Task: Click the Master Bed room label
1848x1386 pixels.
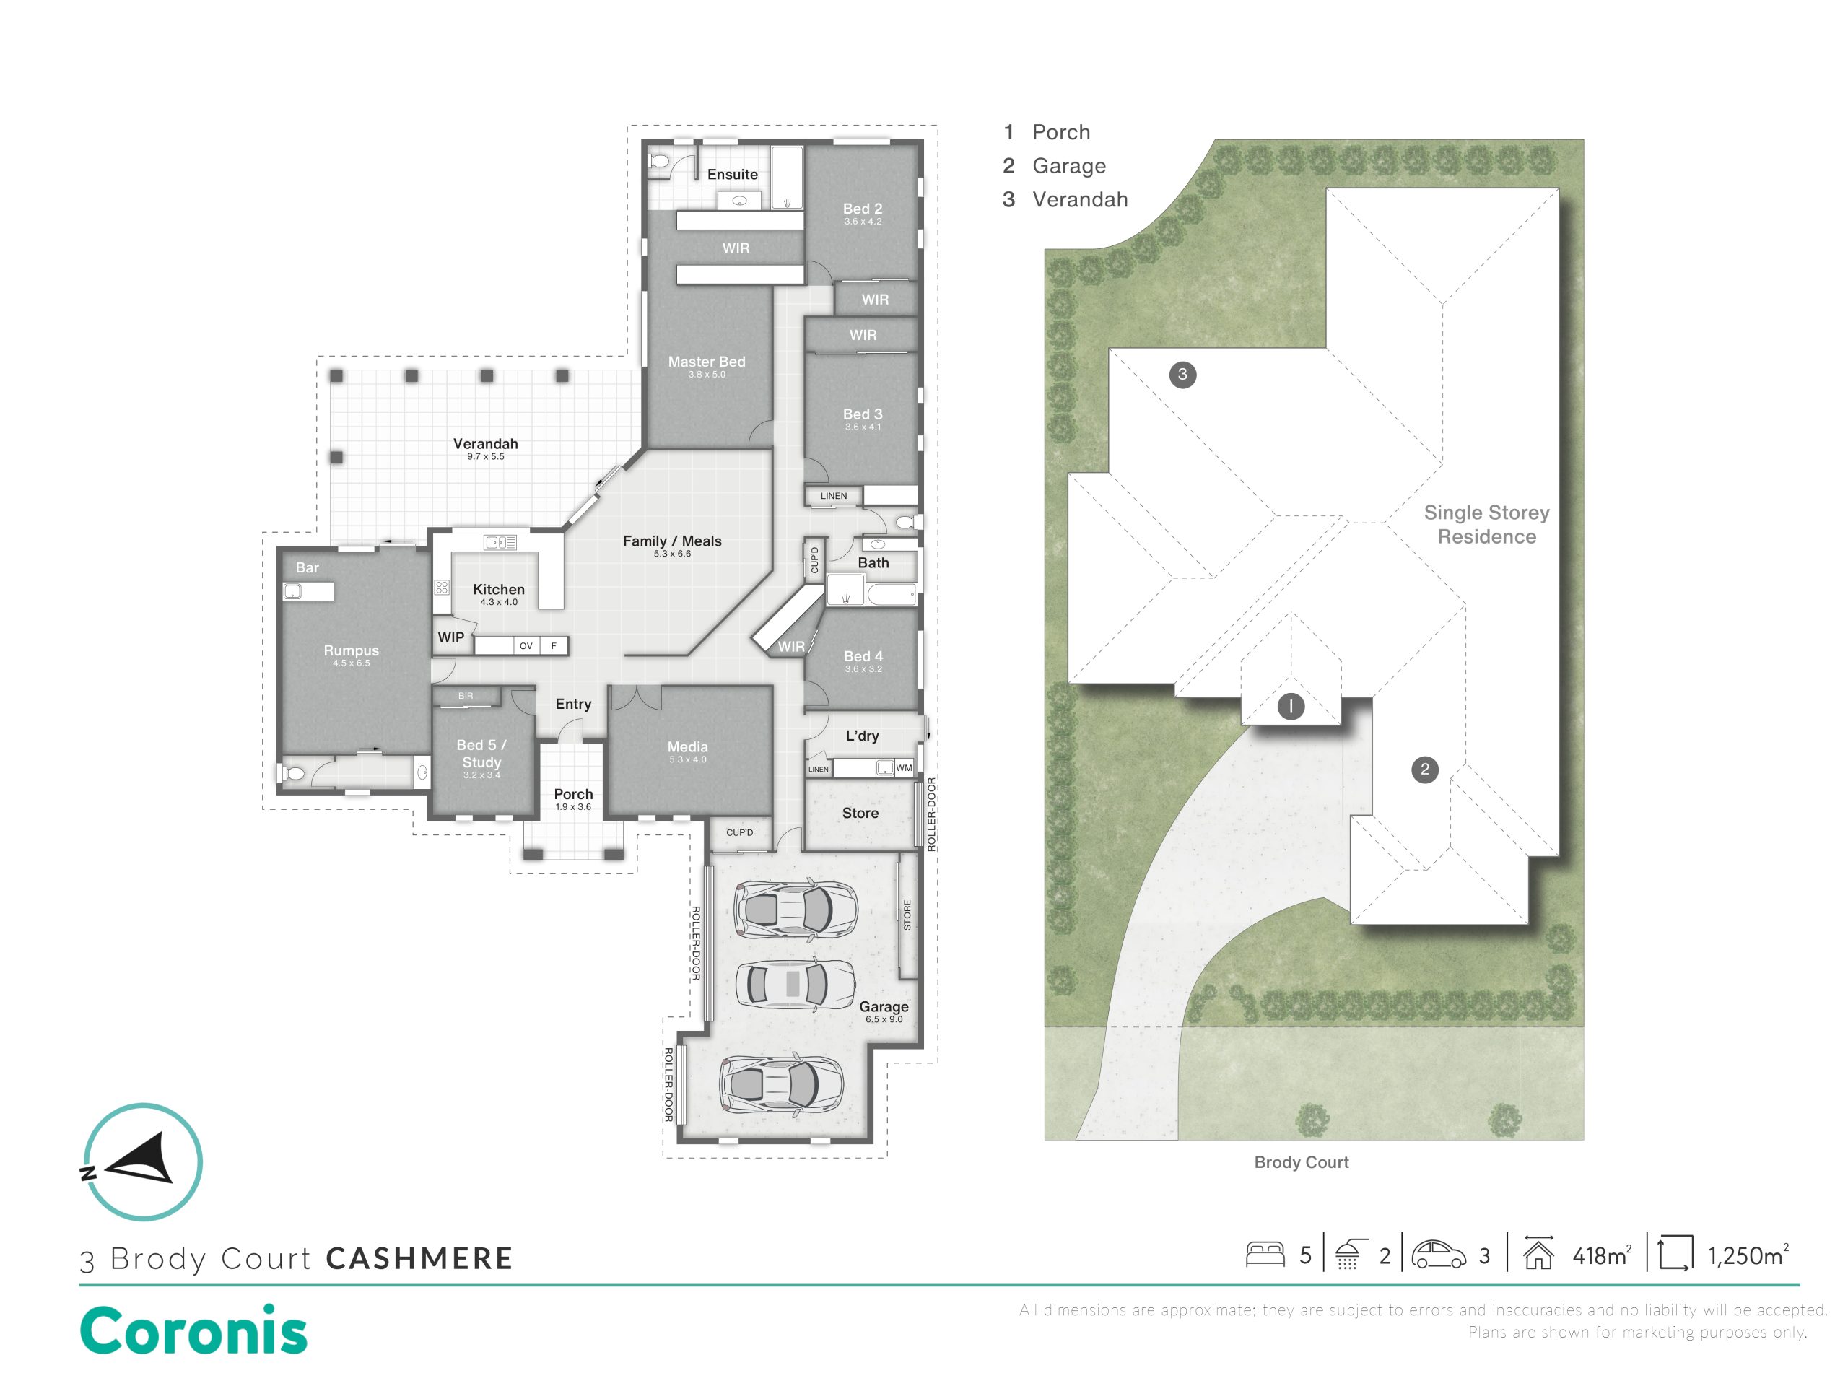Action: click(706, 362)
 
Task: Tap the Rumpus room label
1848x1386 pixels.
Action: click(351, 650)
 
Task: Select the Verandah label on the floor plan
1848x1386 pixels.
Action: click(485, 444)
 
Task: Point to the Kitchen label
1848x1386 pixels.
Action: click(499, 589)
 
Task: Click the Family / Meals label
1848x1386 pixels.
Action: click(673, 541)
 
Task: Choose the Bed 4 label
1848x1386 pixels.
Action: click(863, 655)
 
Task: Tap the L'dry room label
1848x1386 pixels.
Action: click(862, 735)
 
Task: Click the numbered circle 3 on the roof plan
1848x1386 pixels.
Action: click(1182, 374)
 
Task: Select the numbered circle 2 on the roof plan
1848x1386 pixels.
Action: click(1424, 770)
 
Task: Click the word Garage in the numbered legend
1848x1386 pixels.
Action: click(1069, 166)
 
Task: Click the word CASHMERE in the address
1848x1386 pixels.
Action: click(419, 1259)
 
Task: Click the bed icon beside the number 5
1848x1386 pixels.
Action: click(1265, 1254)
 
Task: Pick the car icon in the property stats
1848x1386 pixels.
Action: click(1439, 1255)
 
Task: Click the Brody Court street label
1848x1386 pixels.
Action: click(1302, 1162)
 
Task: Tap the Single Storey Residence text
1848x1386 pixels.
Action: click(1486, 525)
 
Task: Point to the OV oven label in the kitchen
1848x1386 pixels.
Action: click(526, 646)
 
